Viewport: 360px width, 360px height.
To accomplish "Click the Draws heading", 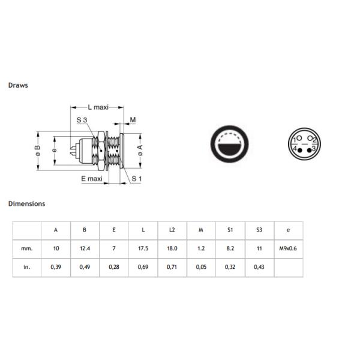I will click(18, 85).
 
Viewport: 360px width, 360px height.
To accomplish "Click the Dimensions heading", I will click(26, 203).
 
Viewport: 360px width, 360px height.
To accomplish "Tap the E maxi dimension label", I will click(92, 178).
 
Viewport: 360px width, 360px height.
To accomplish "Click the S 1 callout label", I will click(136, 178).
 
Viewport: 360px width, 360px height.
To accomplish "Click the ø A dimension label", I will click(140, 152).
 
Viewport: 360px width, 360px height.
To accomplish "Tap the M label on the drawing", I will click(133, 120).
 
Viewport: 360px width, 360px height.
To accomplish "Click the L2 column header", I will click(172, 230).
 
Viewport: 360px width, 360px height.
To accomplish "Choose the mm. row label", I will click(26, 248).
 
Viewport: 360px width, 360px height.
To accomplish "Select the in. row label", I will click(26, 267).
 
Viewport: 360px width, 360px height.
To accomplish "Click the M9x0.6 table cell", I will click(288, 248).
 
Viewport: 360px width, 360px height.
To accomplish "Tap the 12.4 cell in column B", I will click(85, 248).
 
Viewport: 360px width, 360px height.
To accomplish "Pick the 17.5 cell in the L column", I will click(143, 248).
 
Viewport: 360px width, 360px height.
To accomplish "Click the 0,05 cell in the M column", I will click(200, 267).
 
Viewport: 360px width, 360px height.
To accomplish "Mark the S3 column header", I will click(259, 230).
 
